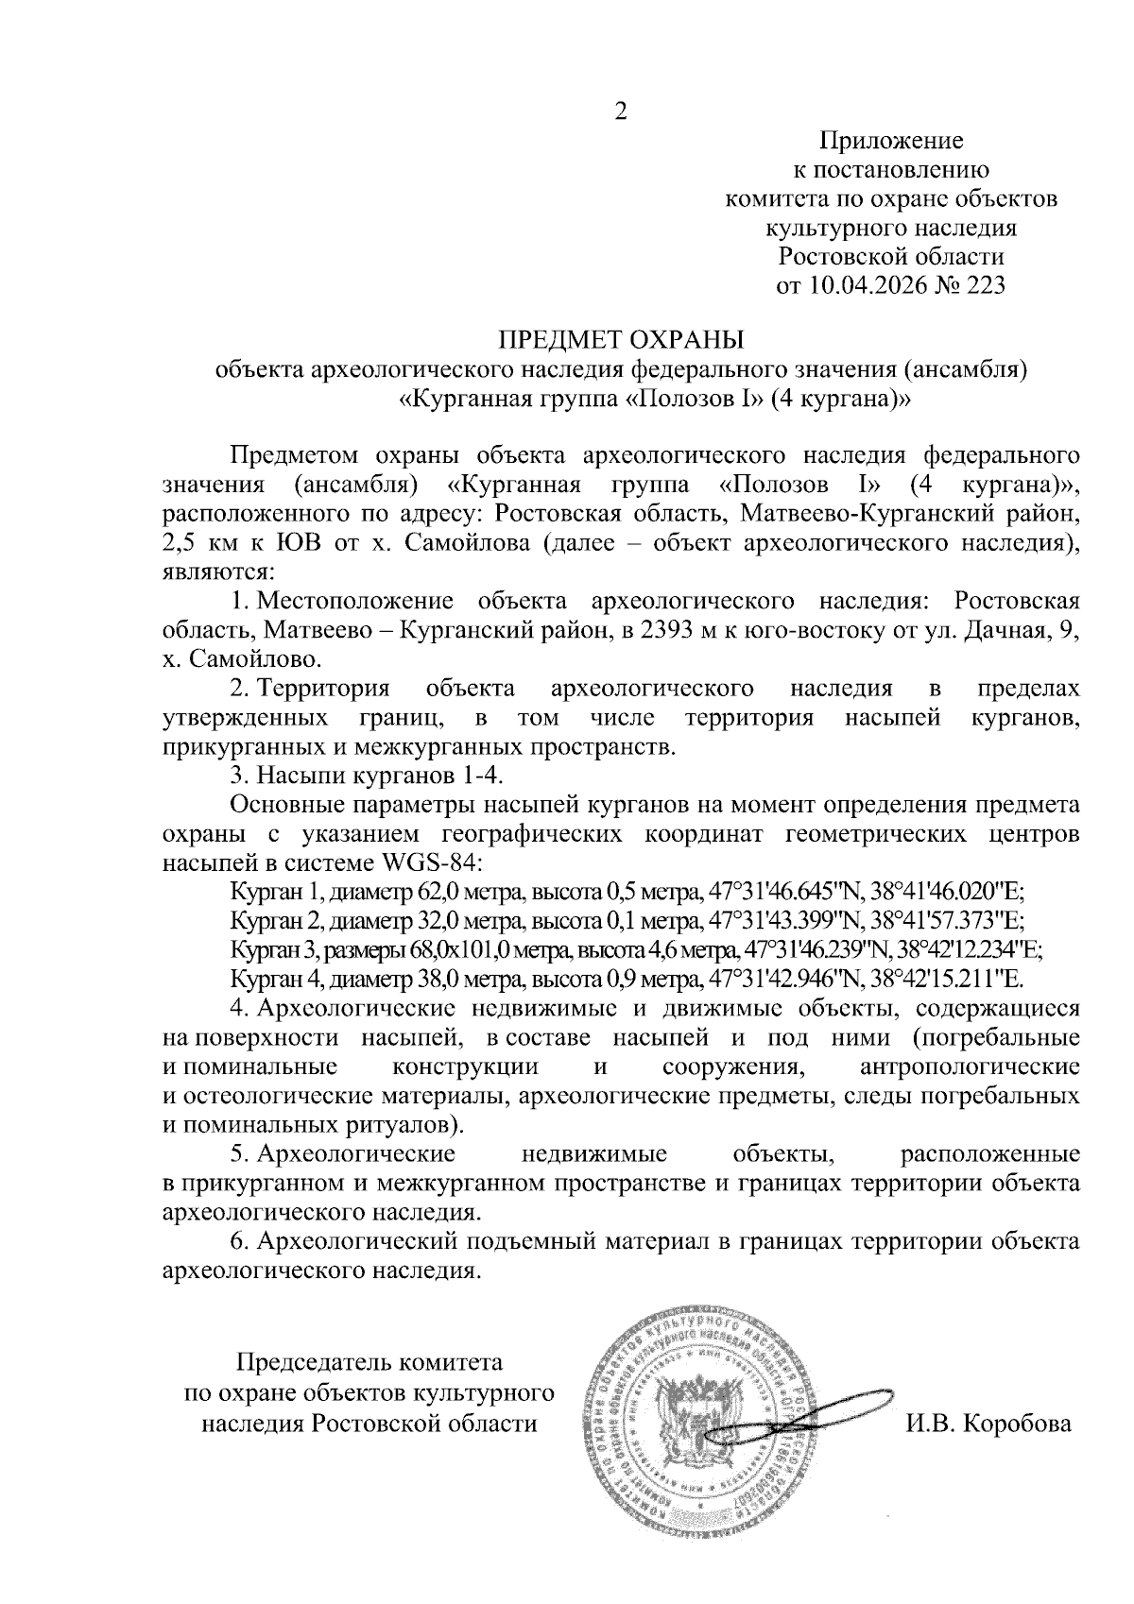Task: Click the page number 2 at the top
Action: (x=620, y=112)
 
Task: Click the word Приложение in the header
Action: (x=890, y=142)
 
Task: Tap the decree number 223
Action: (x=982, y=284)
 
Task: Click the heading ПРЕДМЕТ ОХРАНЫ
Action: (x=621, y=339)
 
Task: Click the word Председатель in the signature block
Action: (x=311, y=1363)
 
